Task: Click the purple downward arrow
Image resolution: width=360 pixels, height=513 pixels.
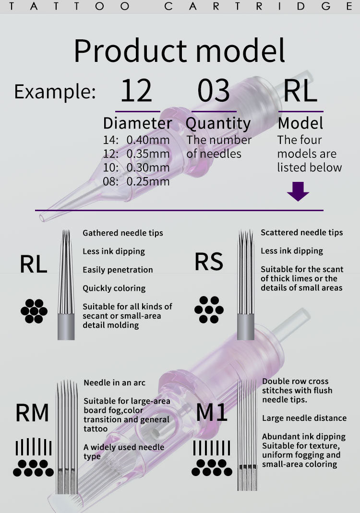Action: point(298,191)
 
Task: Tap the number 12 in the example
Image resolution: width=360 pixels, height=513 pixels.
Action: point(136,91)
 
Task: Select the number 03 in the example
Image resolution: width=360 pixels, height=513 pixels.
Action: point(214,91)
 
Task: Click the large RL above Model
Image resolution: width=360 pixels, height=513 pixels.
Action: point(300,91)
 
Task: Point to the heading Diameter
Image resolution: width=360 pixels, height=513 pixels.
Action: point(137,123)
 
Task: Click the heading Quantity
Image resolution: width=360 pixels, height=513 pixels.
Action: point(218,124)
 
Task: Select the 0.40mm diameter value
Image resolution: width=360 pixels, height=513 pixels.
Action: point(148,140)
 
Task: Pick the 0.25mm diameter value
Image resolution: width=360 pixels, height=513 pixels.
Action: point(148,182)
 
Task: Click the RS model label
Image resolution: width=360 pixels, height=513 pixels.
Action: point(209,262)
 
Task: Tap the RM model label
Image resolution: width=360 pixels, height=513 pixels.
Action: point(32,412)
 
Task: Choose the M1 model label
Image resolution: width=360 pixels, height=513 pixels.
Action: point(212,412)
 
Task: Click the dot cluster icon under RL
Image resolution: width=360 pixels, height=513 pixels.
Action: point(34,311)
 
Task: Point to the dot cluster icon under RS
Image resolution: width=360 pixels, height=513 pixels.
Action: point(209,310)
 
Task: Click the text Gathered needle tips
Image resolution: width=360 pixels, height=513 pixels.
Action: point(123,233)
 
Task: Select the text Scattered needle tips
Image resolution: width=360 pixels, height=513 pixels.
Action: point(301,233)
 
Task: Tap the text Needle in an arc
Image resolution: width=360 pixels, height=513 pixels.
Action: point(114,383)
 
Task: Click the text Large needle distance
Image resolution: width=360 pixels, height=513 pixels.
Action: point(304,418)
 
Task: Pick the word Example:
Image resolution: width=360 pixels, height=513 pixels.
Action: point(55,91)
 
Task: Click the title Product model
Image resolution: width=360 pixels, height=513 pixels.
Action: point(180,51)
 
